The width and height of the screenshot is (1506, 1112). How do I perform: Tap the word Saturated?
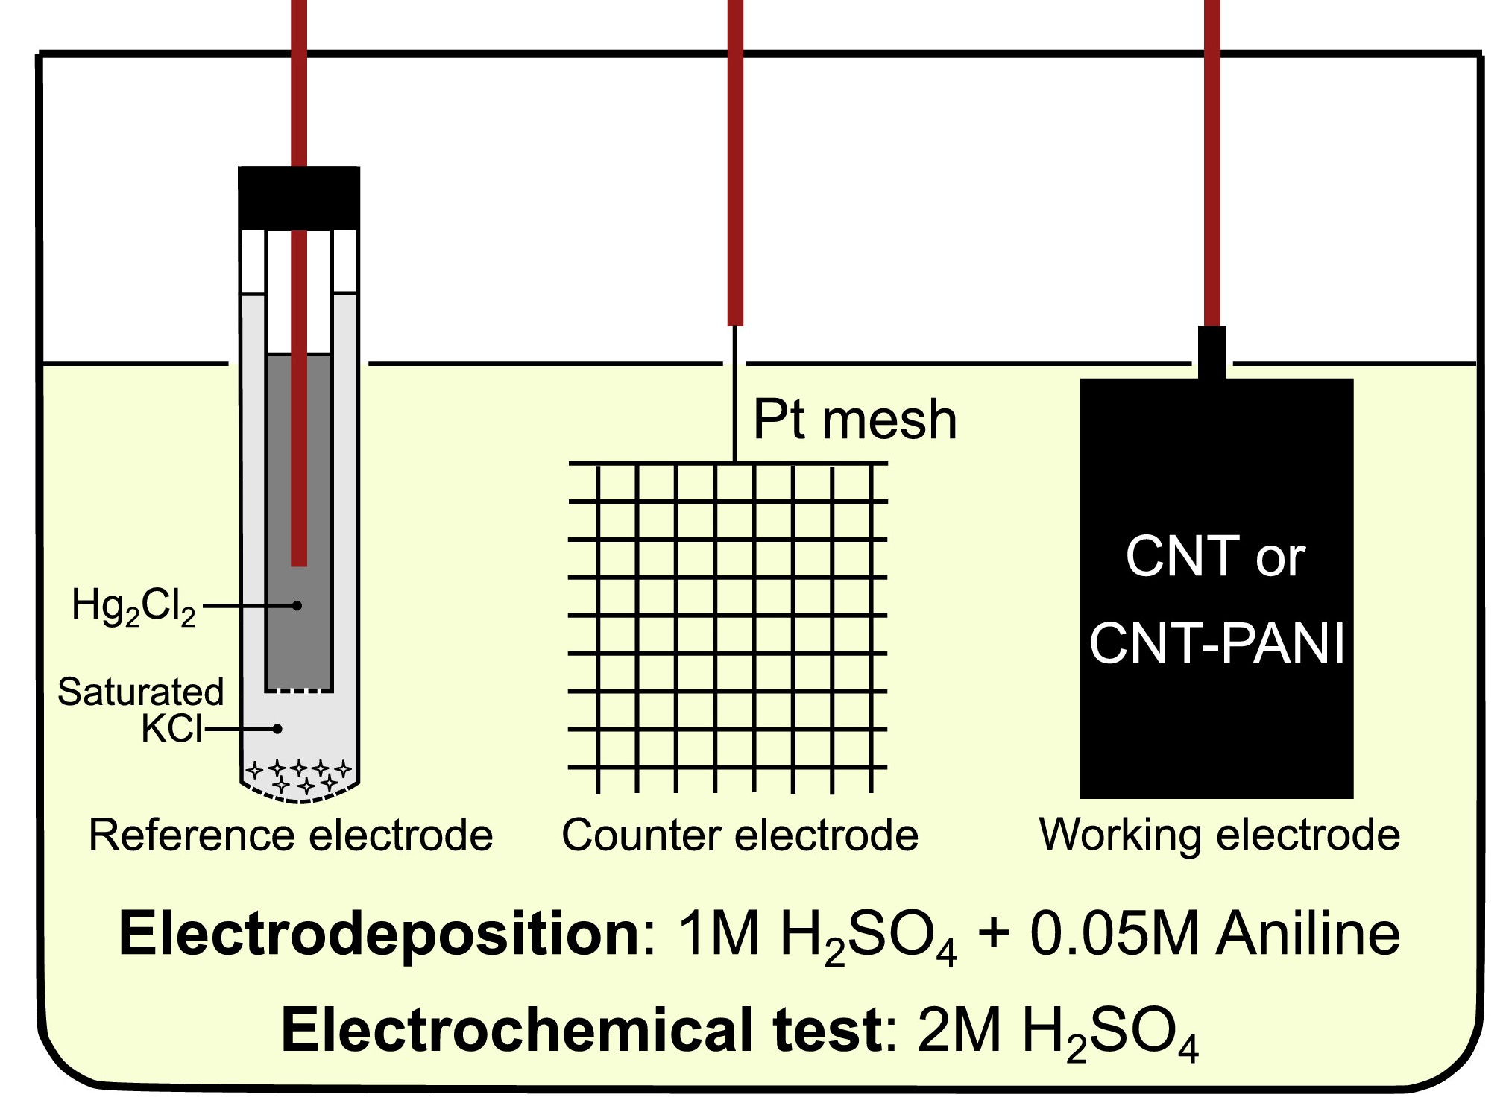(141, 692)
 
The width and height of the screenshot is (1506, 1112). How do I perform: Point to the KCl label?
(171, 728)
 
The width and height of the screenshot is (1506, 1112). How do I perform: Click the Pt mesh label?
(854, 420)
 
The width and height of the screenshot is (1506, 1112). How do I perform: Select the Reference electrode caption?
(291, 835)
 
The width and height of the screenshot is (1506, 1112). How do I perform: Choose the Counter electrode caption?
(740, 835)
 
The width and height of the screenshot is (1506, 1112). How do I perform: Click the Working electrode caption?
(1219, 835)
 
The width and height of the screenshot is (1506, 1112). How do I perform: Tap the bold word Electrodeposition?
(379, 934)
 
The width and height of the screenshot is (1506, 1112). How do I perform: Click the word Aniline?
(1308, 934)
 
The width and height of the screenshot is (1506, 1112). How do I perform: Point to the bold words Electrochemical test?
(582, 1031)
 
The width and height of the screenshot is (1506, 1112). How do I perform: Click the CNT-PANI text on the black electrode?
(1217, 643)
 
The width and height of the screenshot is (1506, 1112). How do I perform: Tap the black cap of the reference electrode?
(299, 198)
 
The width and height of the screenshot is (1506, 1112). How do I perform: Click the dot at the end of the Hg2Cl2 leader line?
(297, 606)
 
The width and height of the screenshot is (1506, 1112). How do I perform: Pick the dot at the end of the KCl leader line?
(277, 729)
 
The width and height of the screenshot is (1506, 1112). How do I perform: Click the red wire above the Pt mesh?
(735, 164)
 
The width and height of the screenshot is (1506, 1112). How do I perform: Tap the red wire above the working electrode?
(1212, 164)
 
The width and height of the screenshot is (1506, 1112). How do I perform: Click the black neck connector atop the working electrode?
(1212, 352)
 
